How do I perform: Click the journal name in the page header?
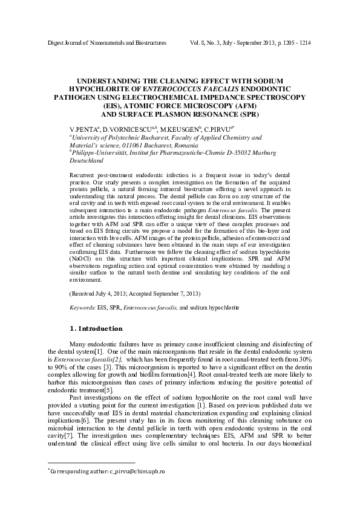(x=97, y=44)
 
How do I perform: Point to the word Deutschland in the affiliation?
(x=87, y=161)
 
